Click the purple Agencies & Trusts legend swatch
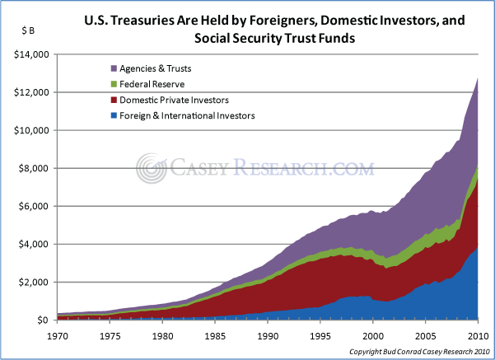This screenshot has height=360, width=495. coord(113,68)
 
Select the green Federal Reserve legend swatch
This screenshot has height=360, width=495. coord(113,84)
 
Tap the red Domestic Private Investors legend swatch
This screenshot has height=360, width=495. coord(113,100)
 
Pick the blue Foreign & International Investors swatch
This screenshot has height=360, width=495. coord(113,116)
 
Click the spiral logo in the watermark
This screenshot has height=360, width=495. coord(152,170)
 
